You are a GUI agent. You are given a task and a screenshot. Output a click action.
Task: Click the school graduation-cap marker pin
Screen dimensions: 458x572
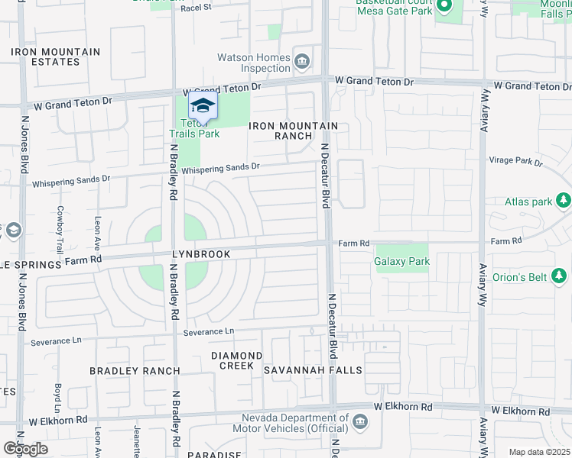(x=203, y=106)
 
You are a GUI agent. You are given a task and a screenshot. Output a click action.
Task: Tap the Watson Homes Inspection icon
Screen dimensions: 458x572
(x=302, y=60)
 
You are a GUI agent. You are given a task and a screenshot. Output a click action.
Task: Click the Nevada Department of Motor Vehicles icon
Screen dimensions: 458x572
(x=360, y=421)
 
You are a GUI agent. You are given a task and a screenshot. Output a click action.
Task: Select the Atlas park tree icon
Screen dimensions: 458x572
(x=564, y=201)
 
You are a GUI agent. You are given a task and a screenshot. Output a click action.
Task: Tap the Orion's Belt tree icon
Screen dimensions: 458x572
(x=564, y=276)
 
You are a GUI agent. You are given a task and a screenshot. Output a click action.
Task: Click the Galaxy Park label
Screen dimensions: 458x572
(x=401, y=262)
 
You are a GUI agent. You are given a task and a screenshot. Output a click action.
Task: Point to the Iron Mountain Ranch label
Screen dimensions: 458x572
(x=293, y=131)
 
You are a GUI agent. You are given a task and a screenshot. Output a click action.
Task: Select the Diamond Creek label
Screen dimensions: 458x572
(x=237, y=360)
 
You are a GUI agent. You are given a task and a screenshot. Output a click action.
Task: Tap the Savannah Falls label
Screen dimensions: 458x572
(x=313, y=370)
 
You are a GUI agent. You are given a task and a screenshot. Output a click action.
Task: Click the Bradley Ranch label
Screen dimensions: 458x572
(x=135, y=371)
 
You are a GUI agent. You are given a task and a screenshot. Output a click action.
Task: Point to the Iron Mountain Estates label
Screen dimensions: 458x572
(x=55, y=57)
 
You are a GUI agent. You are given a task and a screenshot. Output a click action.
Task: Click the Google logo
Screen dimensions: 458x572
(x=24, y=449)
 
